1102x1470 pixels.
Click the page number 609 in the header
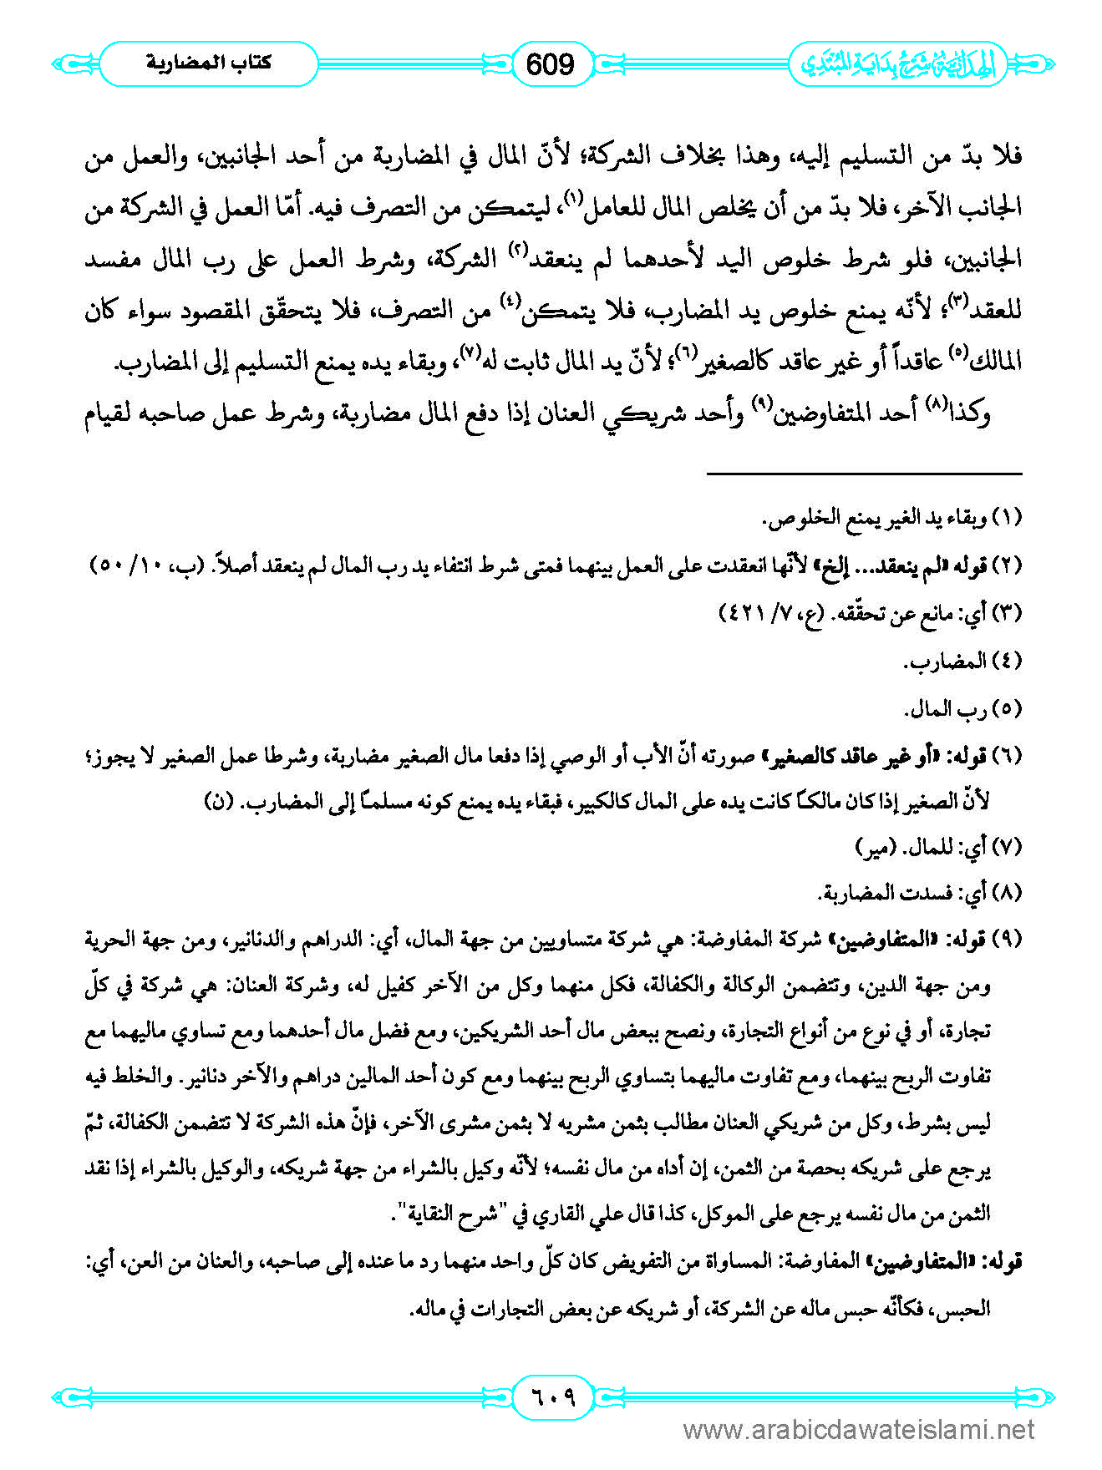(x=551, y=64)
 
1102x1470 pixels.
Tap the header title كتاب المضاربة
(x=209, y=63)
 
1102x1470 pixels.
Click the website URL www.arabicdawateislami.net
(x=859, y=1430)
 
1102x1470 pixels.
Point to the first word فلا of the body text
(x=1005, y=157)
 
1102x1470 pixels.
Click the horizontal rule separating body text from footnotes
(x=864, y=474)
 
